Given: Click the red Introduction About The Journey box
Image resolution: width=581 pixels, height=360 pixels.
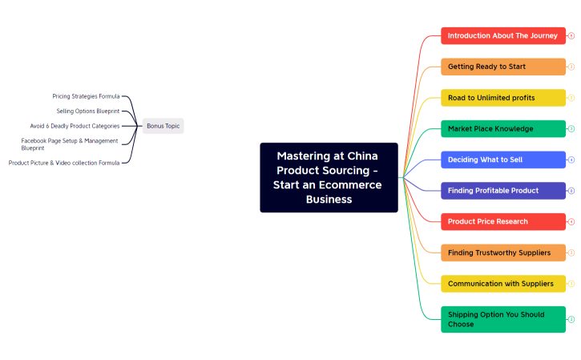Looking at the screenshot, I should click(502, 36).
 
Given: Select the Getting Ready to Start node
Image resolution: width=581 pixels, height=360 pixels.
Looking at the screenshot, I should click(502, 67).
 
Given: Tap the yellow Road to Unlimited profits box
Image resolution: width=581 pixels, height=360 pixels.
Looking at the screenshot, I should click(502, 98).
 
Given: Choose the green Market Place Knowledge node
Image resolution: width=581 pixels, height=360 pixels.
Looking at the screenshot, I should click(502, 128).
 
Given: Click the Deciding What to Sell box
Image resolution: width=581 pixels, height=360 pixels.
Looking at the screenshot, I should click(502, 160).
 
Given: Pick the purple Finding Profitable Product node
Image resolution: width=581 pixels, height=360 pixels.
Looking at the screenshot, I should click(502, 191).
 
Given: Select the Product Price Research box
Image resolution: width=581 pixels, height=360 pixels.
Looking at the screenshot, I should click(502, 221).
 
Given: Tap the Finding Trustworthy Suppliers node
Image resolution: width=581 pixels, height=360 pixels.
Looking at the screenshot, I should click(502, 253).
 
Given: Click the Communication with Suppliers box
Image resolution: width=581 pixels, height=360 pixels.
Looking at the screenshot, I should click(502, 283).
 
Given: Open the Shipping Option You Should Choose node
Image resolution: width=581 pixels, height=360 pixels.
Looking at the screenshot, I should click(502, 319).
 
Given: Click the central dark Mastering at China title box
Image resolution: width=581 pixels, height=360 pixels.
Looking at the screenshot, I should click(329, 177).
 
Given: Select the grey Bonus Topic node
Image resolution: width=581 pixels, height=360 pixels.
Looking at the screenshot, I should click(163, 126).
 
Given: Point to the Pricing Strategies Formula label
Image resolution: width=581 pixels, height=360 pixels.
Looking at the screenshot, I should click(86, 96).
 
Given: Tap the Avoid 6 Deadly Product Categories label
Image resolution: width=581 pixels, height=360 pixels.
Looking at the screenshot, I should click(75, 126).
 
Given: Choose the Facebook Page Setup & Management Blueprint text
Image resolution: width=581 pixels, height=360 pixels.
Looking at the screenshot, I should click(69, 144).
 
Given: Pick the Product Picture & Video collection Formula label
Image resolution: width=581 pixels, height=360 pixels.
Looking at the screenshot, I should click(64, 163).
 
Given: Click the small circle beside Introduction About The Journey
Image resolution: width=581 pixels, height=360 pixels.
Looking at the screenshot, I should click(571, 36).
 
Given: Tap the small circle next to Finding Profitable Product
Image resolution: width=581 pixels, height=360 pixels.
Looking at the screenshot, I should click(571, 191).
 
